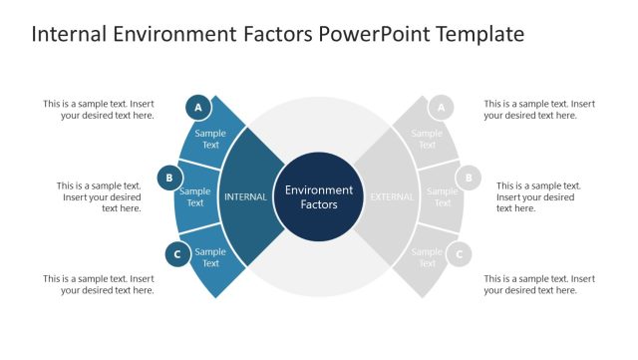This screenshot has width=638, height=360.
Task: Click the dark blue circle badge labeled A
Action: [198, 107]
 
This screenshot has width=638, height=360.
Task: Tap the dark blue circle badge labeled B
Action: [169, 180]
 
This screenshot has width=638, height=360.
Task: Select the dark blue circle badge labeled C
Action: [177, 254]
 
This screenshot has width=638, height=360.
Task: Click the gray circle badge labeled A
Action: [441, 107]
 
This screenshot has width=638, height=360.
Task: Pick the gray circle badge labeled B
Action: [468, 180]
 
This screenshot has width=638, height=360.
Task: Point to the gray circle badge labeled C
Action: [459, 254]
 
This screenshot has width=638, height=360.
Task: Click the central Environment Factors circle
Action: [319, 196]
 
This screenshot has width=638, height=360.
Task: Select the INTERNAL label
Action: [245, 196]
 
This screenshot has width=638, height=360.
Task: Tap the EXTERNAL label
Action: [392, 196]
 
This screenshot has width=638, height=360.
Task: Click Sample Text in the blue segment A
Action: [210, 139]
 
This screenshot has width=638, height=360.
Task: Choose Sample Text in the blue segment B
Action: [195, 196]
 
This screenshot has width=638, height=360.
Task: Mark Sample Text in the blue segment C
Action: [210, 257]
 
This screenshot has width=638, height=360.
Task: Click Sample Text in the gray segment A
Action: [427, 139]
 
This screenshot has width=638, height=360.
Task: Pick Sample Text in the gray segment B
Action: [442, 196]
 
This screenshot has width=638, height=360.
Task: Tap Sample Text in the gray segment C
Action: [427, 257]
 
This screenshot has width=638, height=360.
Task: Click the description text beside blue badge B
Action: [99, 196]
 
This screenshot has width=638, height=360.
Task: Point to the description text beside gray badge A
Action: [539, 109]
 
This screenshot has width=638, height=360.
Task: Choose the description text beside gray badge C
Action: [539, 284]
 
